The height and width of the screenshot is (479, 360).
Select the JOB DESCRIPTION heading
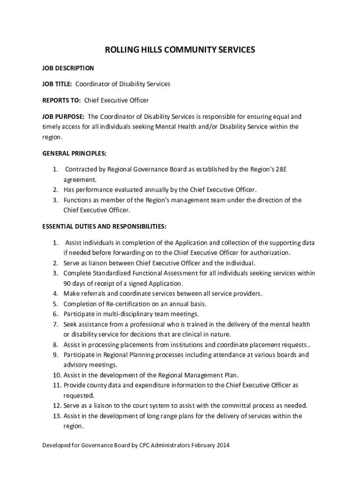coord(68,68)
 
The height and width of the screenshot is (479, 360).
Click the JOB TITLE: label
coord(57,84)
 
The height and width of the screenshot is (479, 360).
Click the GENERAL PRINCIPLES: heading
coord(74,153)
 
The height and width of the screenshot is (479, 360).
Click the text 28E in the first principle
coord(279,169)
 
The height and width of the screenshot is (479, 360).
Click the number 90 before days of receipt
coord(68,283)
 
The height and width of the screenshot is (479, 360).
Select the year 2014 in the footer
coord(223,445)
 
